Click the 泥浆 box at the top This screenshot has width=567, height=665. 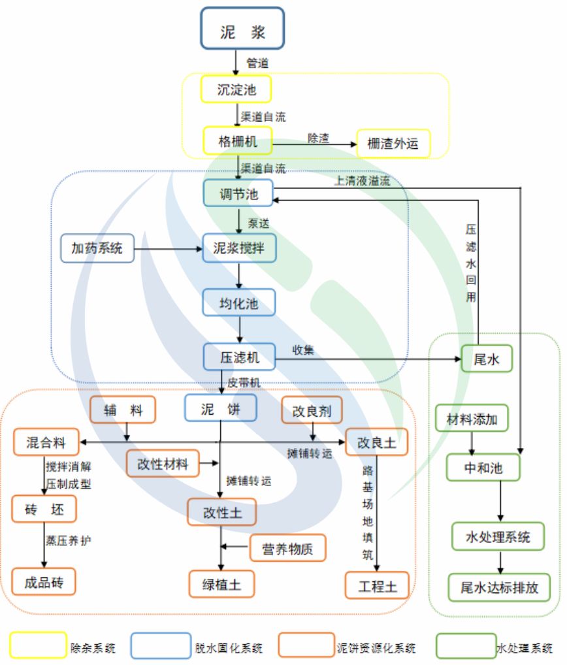(242, 28)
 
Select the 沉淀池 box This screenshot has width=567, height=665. (236, 89)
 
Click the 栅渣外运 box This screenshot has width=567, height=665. (393, 143)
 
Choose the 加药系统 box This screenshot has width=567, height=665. (97, 248)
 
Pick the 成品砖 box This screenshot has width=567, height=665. (44, 581)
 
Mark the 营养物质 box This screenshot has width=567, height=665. (287, 549)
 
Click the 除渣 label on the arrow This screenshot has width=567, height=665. (318, 138)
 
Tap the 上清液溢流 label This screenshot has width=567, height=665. (363, 181)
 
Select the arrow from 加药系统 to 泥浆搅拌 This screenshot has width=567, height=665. (168, 248)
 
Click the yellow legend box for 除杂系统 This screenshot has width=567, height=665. (37, 645)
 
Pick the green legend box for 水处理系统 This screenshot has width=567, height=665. (465, 645)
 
